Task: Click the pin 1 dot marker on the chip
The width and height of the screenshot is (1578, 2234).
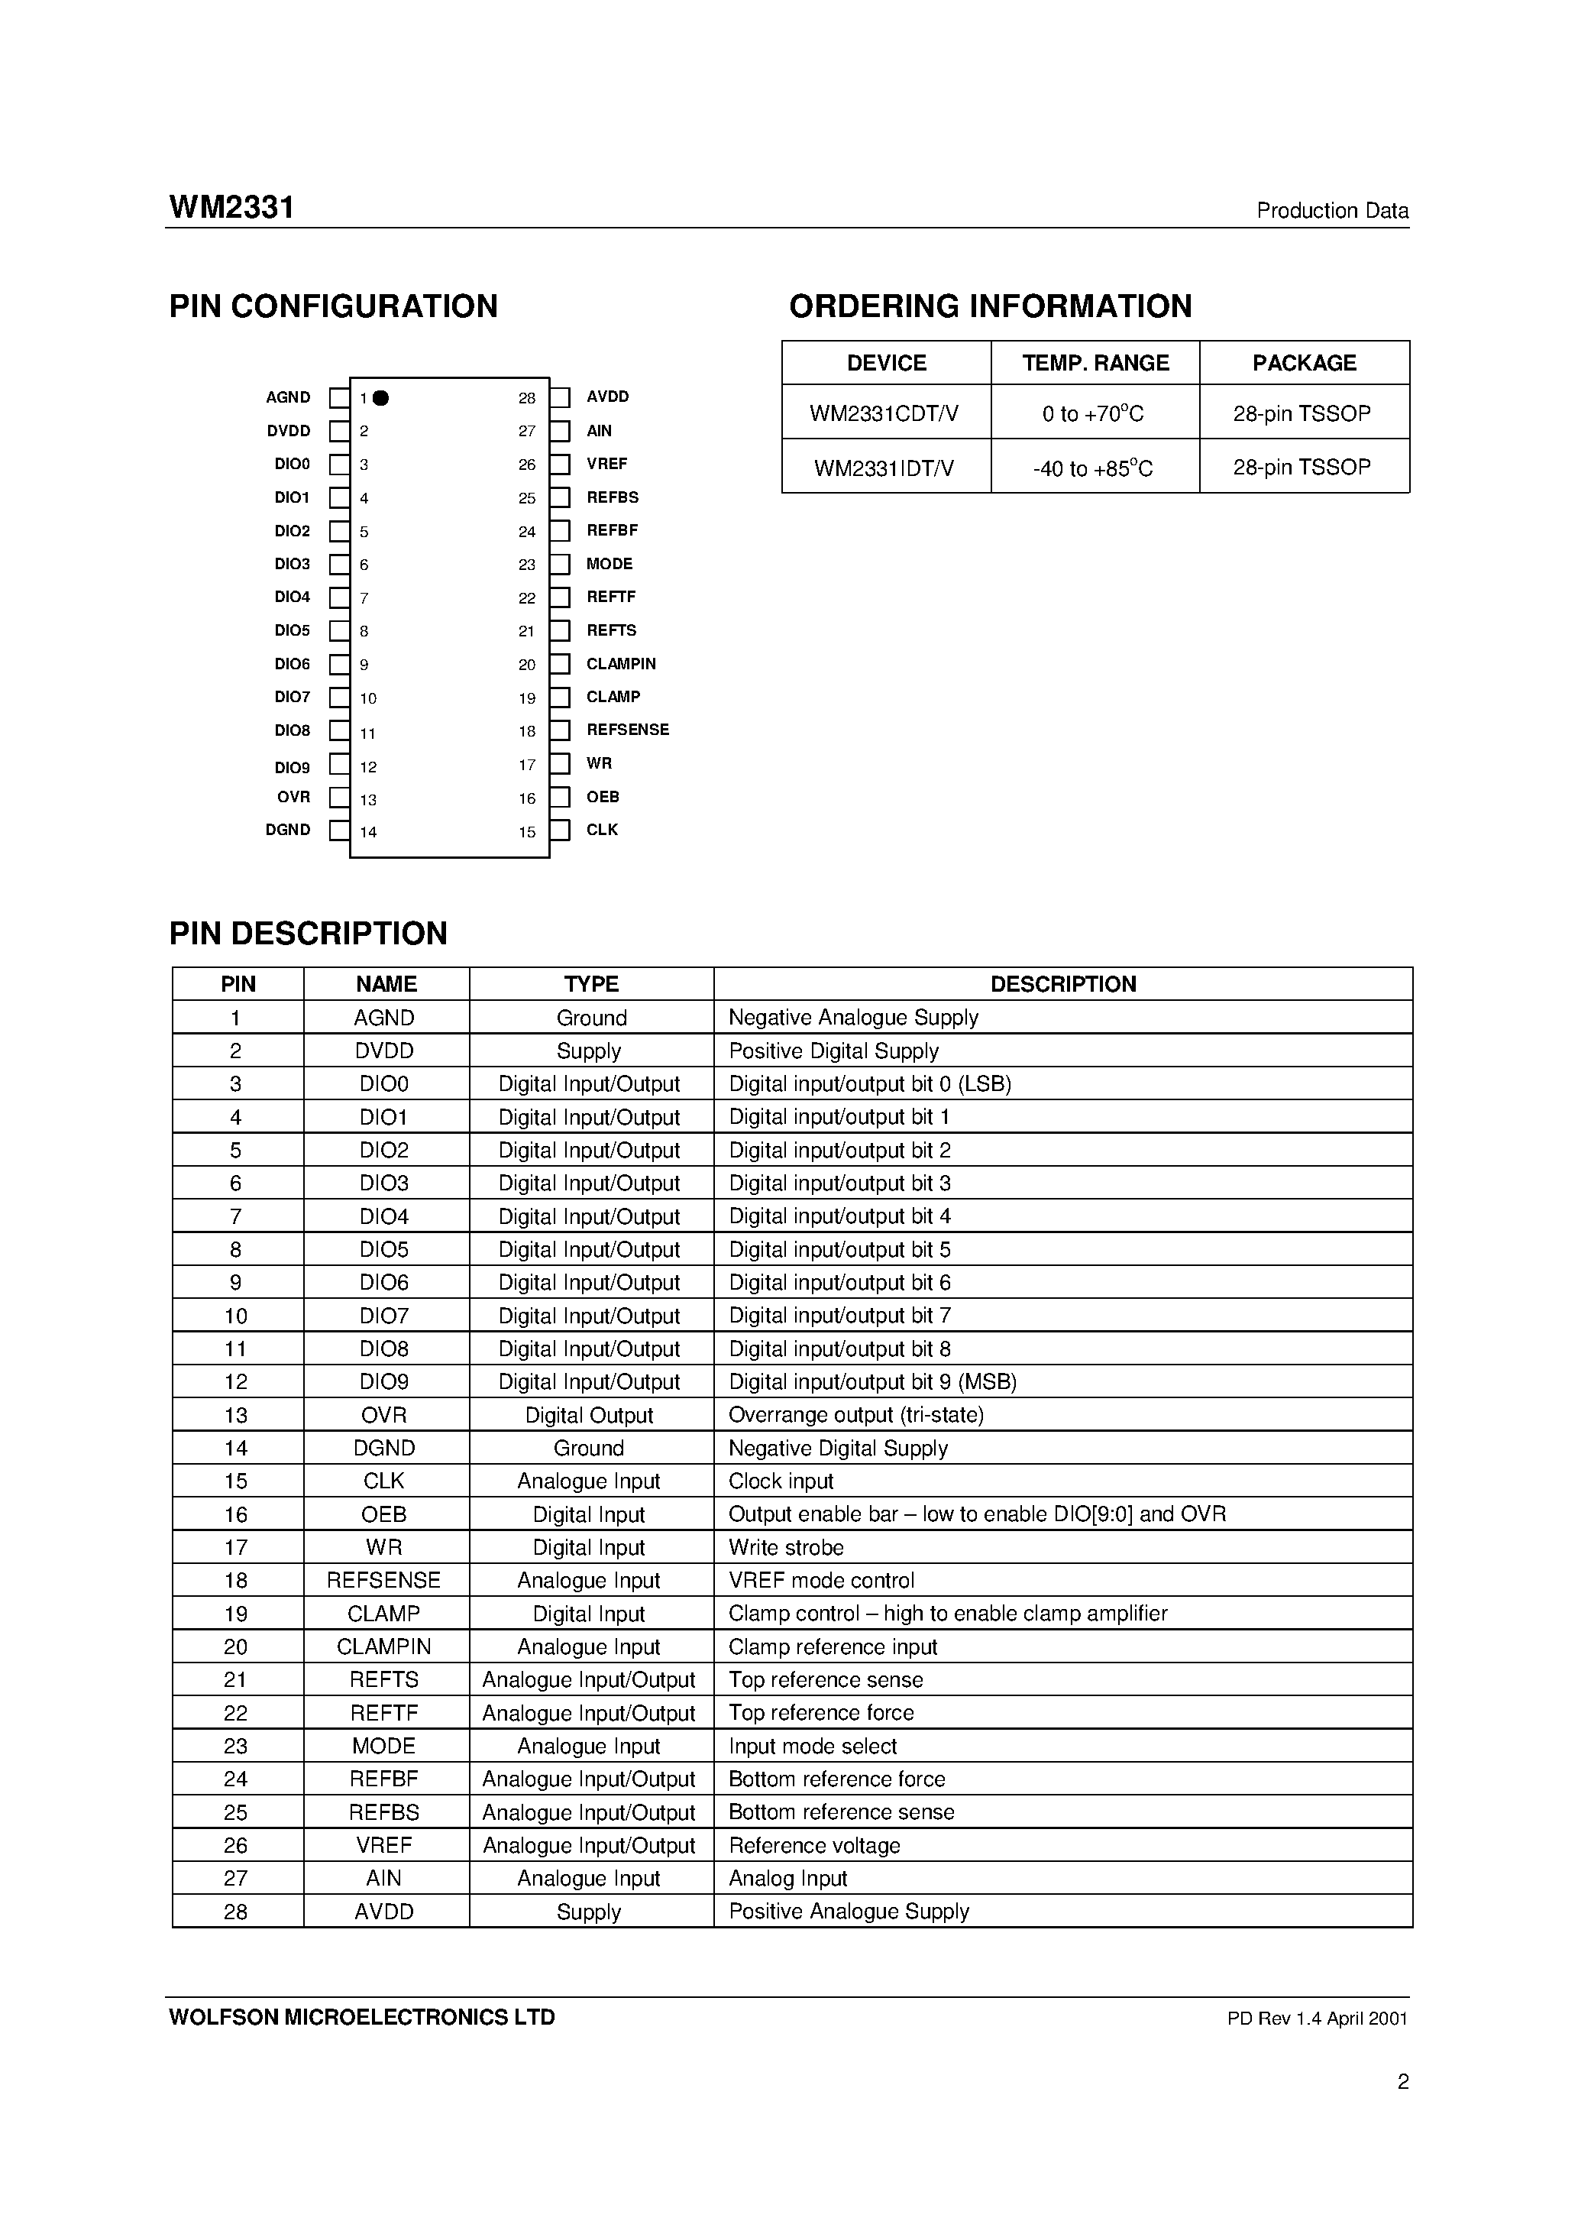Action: pos(381,398)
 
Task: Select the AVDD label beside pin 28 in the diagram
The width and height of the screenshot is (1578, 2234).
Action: pos(607,397)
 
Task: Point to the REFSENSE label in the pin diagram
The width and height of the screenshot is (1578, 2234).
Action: pos(628,730)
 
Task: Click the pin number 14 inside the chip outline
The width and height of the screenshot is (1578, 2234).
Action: pos(367,832)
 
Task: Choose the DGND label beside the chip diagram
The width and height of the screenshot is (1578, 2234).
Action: pos(288,830)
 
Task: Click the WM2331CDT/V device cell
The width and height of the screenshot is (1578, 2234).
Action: pos(884,413)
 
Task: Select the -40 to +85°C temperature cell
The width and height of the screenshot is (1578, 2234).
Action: pos(1094,469)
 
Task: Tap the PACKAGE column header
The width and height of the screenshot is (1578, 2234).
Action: pos(1304,363)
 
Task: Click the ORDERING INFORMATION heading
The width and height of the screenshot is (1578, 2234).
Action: pos(989,306)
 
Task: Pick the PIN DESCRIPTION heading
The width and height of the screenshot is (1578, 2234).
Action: pos(309,933)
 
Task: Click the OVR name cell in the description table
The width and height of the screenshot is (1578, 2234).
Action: pos(384,1415)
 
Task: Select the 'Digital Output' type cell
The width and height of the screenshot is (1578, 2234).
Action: pos(589,1415)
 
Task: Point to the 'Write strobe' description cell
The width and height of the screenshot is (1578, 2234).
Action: pos(786,1547)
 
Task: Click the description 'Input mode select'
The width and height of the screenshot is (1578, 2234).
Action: pos(813,1746)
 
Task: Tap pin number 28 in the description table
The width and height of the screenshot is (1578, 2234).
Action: pos(235,1911)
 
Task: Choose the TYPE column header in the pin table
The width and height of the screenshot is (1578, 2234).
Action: pos(590,984)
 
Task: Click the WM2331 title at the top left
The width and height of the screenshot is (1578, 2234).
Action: pos(231,209)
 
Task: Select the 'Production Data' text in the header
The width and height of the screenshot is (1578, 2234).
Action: pos(1332,211)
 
